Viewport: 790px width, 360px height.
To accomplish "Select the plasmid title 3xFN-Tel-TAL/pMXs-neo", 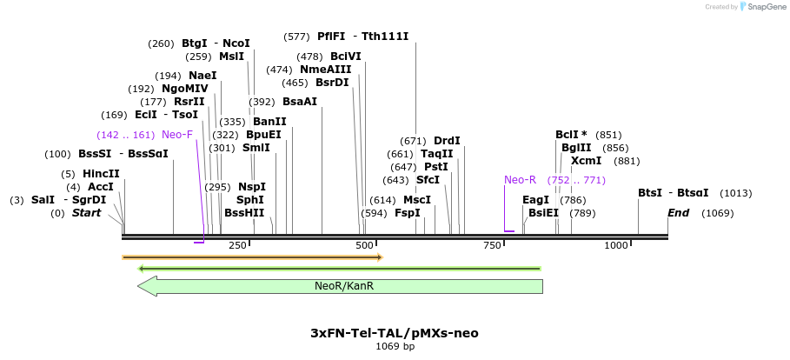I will [x=394, y=333].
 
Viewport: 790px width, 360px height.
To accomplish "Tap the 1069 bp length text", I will [x=395, y=347].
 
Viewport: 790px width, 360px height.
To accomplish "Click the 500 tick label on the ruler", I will [x=365, y=246].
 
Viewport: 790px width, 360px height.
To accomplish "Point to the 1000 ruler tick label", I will [x=615, y=246].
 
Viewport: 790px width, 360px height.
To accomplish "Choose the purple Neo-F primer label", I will [x=177, y=135].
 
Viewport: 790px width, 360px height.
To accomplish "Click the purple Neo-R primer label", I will [x=520, y=180].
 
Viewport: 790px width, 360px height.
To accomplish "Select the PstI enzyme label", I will [x=435, y=167].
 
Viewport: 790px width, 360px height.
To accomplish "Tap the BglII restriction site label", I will [x=576, y=148].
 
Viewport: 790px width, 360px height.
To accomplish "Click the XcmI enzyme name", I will [x=586, y=161].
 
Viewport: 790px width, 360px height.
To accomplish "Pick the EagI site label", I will [x=536, y=200].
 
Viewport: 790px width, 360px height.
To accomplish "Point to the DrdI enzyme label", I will [x=447, y=141].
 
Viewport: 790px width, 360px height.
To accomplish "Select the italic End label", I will [x=678, y=213].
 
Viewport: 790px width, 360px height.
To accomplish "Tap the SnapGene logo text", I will [x=766, y=7].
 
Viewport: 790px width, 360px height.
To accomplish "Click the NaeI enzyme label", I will [x=202, y=76].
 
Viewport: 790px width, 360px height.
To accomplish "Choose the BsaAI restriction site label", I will [x=300, y=102].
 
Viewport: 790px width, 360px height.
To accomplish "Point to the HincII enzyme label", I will [x=101, y=174].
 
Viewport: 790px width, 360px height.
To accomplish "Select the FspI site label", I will [x=407, y=213].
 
